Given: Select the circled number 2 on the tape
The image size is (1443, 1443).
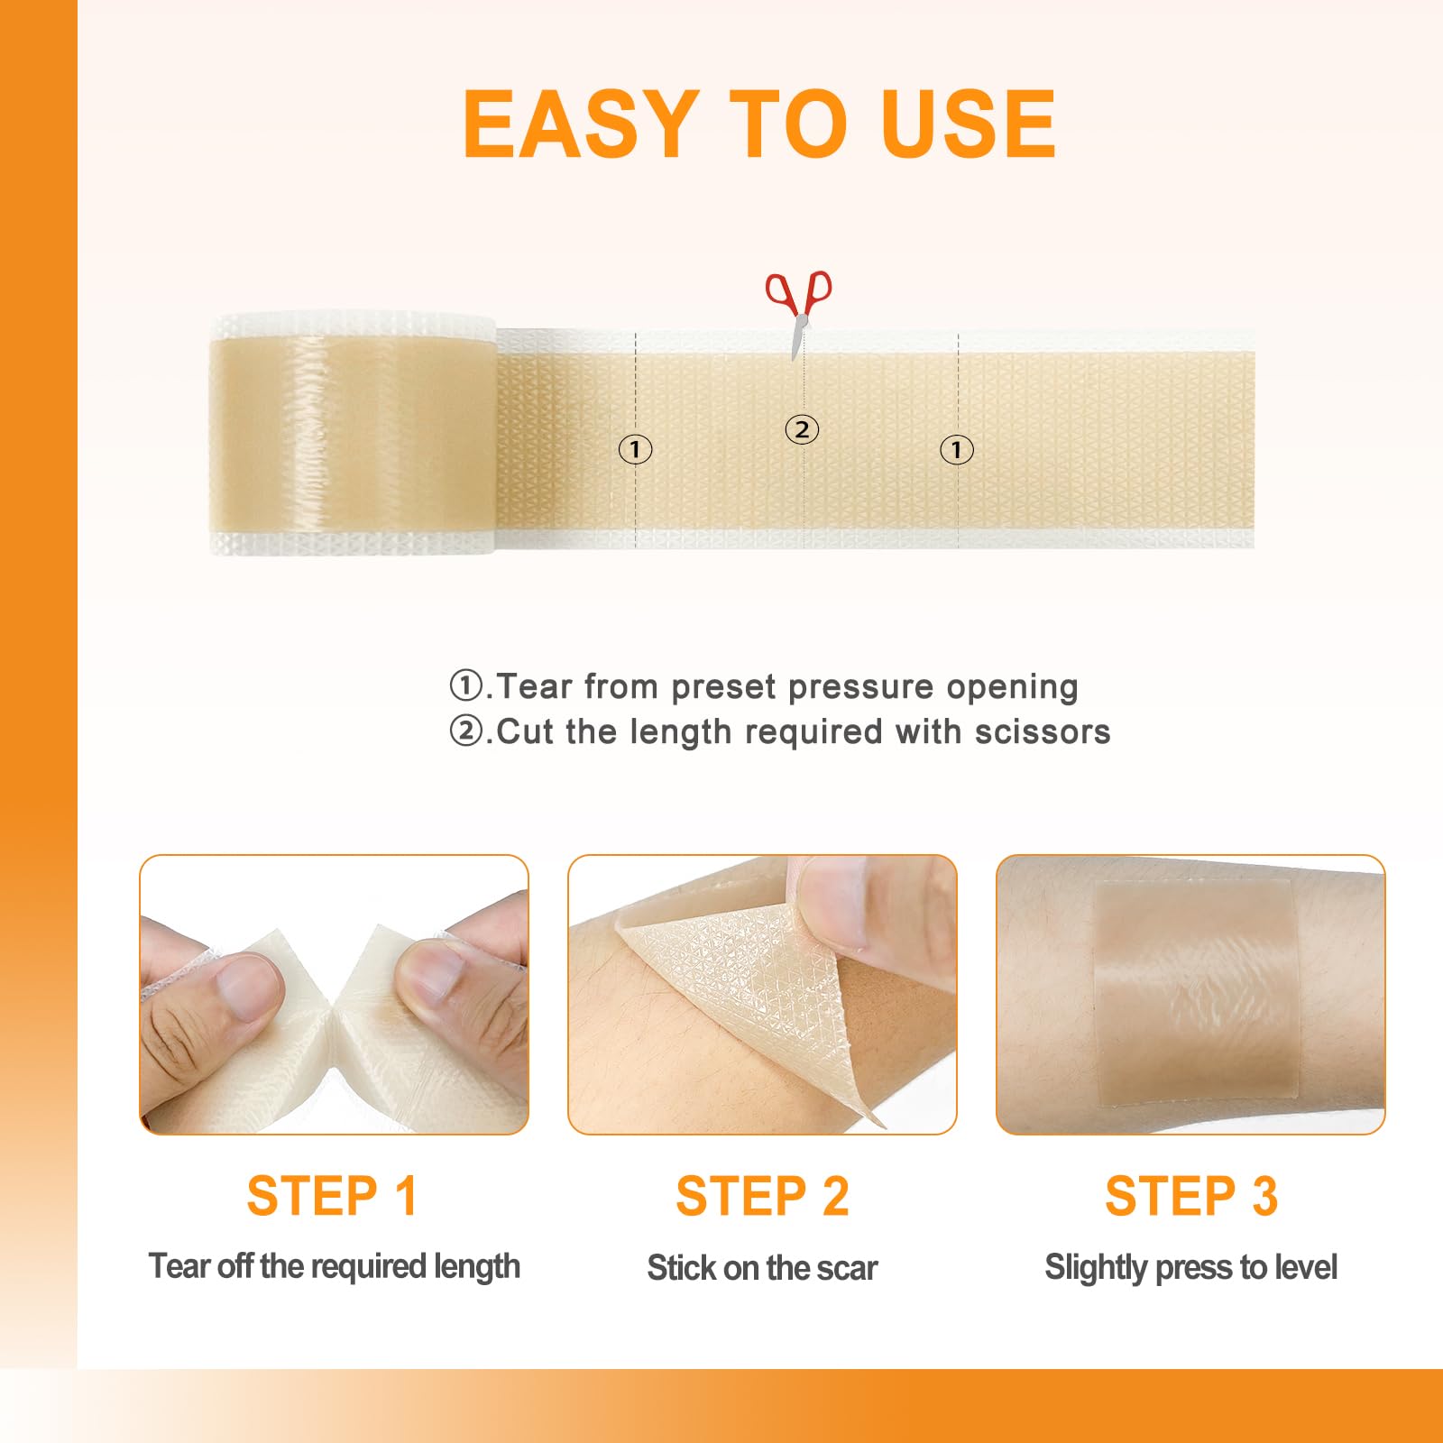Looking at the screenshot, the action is click(802, 429).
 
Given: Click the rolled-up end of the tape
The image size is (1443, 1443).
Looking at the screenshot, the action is click(353, 434).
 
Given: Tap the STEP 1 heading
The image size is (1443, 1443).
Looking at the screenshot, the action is click(332, 1196).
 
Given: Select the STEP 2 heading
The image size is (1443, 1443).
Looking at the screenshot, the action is click(762, 1196).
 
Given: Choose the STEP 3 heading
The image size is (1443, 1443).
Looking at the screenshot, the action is click(1191, 1196).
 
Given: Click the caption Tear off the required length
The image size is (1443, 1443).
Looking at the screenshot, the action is click(335, 1267).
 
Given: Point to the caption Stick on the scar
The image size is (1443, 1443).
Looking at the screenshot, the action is click(762, 1268).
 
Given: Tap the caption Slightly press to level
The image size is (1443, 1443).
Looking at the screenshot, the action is click(1190, 1268).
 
